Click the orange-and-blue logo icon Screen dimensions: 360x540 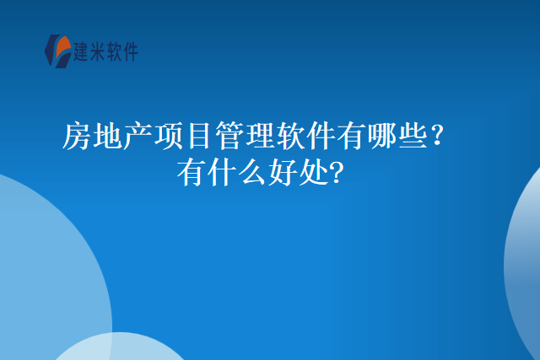coord(57,51)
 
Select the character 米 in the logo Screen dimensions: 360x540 coord(104,52)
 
